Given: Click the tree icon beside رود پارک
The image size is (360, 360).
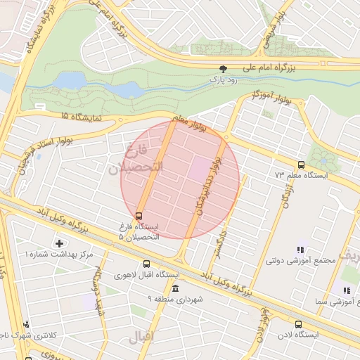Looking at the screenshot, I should (224, 69).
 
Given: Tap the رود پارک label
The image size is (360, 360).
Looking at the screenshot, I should (223, 80).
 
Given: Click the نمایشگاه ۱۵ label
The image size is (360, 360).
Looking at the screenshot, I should (81, 116).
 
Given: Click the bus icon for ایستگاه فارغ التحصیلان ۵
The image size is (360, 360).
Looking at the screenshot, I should (139, 216).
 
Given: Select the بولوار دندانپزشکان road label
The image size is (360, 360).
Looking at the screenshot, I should (210, 185).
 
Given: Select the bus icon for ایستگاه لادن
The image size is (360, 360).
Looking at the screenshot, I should (299, 324).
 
